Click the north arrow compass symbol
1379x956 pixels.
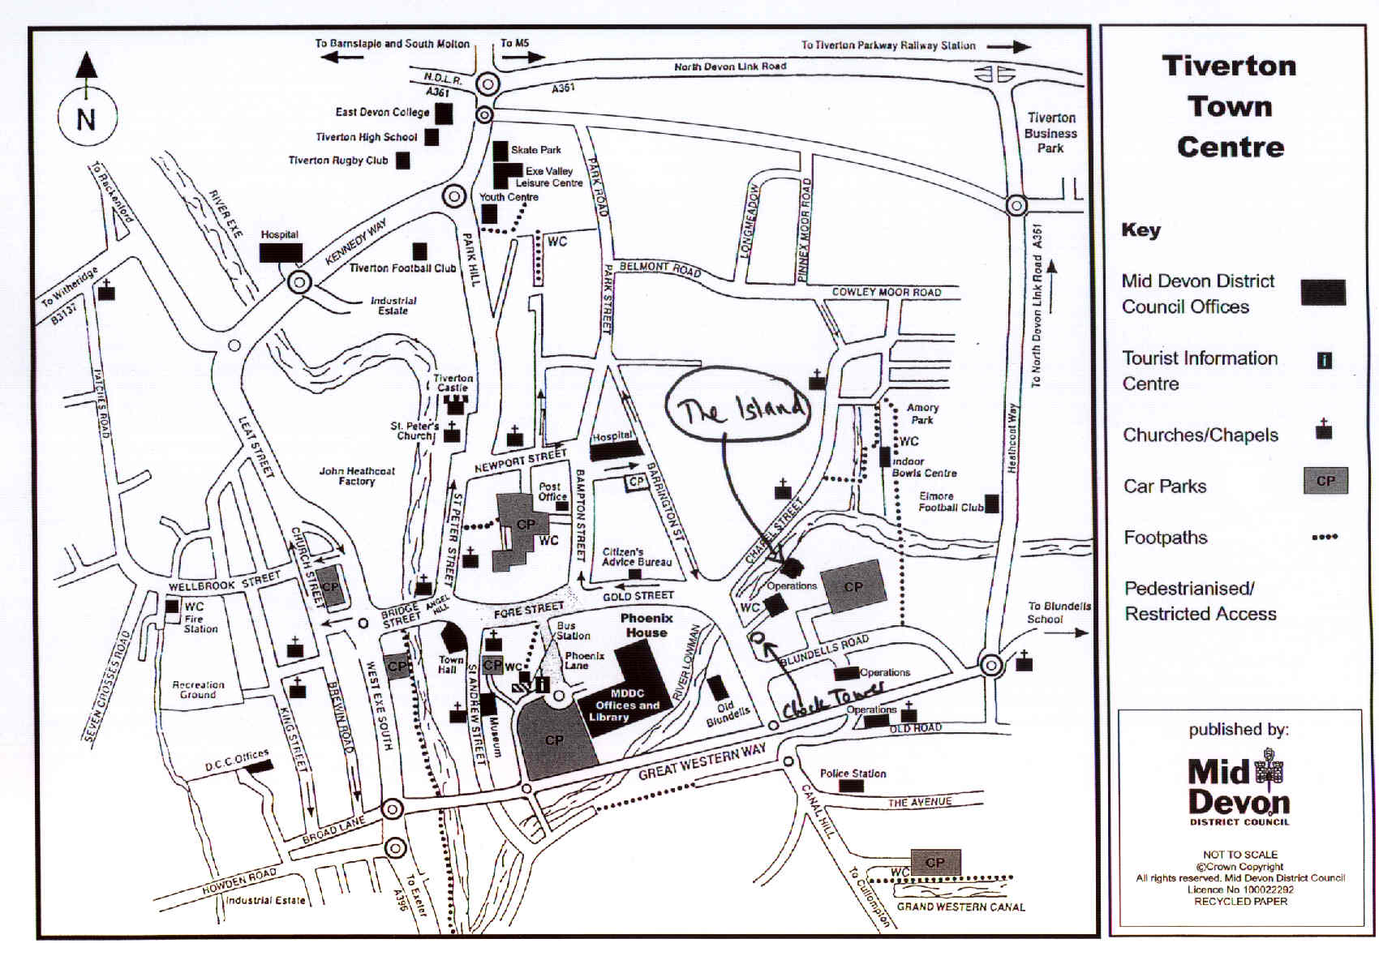pyautogui.click(x=86, y=118)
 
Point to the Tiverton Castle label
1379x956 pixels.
pyautogui.click(x=453, y=383)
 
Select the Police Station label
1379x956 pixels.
pyautogui.click(x=853, y=774)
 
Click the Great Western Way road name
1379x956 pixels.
pyautogui.click(x=702, y=762)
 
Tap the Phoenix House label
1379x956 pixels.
pyautogui.click(x=646, y=625)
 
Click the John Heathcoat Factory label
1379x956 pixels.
pyautogui.click(x=357, y=476)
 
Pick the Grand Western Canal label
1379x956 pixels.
pyautogui.click(x=960, y=907)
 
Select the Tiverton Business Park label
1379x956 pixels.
pyautogui.click(x=1050, y=133)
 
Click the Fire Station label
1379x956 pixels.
pyautogui.click(x=200, y=624)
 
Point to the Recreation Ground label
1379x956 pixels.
pyautogui.click(x=198, y=689)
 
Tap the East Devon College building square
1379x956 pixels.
pyautogui.click(x=444, y=114)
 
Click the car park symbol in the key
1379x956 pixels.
pyautogui.click(x=1325, y=482)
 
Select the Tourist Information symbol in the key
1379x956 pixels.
pyautogui.click(x=1324, y=360)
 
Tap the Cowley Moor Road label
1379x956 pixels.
pyautogui.click(x=887, y=292)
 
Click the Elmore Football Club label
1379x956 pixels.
pyautogui.click(x=950, y=502)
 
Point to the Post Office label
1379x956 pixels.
pyautogui.click(x=550, y=491)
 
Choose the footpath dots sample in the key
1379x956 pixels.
pyautogui.click(x=1325, y=537)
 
